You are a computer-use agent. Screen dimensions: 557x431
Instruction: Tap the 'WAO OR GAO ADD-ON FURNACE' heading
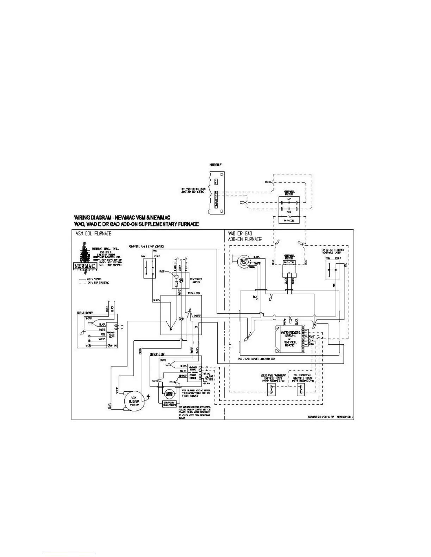coord(245,236)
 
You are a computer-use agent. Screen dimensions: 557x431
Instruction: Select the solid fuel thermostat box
coord(271,389)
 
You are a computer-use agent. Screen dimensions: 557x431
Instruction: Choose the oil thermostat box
coord(301,389)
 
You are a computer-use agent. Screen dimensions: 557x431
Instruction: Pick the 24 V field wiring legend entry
coord(95,283)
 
